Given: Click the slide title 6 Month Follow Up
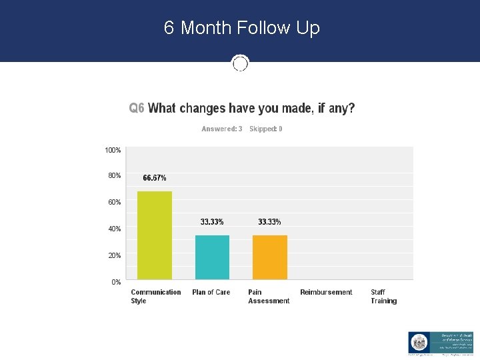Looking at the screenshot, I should click(241, 28).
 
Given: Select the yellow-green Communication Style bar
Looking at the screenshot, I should click(155, 235).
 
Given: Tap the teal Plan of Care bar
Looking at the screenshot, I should click(212, 257).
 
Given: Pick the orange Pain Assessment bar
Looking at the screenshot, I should click(270, 257).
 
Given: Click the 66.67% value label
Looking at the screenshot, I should click(155, 178).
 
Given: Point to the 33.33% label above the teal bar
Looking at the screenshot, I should click(212, 222).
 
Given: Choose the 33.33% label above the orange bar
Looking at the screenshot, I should click(269, 222).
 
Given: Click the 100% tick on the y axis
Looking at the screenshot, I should click(113, 151).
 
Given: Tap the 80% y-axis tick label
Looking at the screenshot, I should click(115, 175).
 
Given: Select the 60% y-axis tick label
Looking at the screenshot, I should click(115, 202).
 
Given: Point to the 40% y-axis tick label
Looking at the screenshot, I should click(115, 229).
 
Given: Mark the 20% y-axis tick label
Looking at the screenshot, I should click(115, 255).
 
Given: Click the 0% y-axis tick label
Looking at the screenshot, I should click(116, 282).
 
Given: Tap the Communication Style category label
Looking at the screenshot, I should click(155, 297).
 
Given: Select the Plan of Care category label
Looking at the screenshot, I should click(211, 292).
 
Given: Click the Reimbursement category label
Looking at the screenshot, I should click(326, 292).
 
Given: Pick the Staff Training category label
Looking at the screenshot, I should click(383, 297).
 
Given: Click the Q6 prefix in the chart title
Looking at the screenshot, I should click(137, 108).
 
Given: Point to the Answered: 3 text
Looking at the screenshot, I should click(222, 129).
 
